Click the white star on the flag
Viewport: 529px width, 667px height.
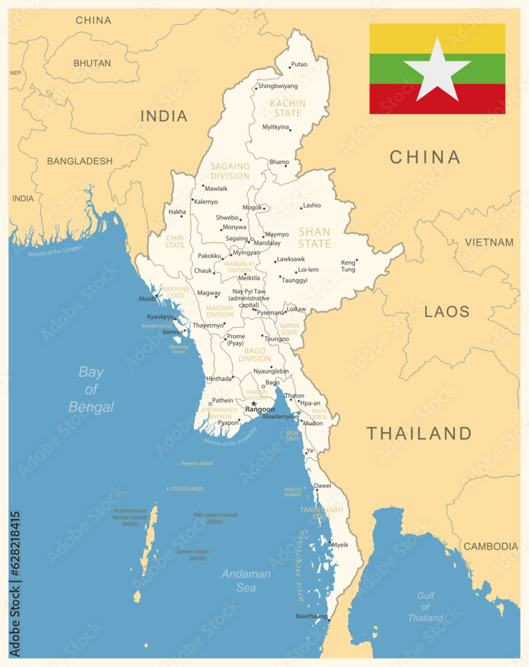pyautogui.click(x=437, y=70)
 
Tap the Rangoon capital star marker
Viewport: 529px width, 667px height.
pyautogui.click(x=253, y=403)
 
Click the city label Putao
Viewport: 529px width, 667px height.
pyautogui.click(x=300, y=65)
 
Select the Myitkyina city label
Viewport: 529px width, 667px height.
pyautogui.click(x=276, y=127)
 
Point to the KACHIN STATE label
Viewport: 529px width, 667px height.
pyautogui.click(x=288, y=108)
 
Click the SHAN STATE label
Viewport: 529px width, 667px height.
pyautogui.click(x=314, y=238)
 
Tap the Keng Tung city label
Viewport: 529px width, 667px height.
pyautogui.click(x=348, y=265)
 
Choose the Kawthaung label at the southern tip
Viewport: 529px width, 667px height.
pyautogui.click(x=312, y=616)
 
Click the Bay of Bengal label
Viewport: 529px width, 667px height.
pyautogui.click(x=91, y=390)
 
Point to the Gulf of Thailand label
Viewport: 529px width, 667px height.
pyautogui.click(x=425, y=606)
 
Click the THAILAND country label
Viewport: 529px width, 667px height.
pyautogui.click(x=419, y=433)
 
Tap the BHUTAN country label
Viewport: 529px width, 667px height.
pyautogui.click(x=92, y=63)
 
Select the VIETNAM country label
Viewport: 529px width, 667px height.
pyautogui.click(x=489, y=242)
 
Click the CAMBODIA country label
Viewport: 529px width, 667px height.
pyautogui.click(x=490, y=546)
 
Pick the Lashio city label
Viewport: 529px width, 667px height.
pyautogui.click(x=312, y=205)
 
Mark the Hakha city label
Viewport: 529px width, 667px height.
pyautogui.click(x=177, y=212)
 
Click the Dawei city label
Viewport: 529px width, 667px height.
pyautogui.click(x=323, y=486)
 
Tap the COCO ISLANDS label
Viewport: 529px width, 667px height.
pyautogui.click(x=186, y=489)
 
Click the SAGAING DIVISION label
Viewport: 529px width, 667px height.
pyautogui.click(x=229, y=171)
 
